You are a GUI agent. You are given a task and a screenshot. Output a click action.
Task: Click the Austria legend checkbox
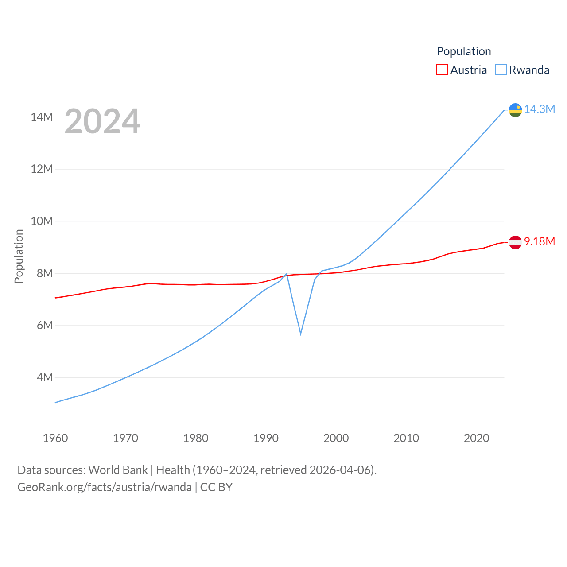[x=442, y=70]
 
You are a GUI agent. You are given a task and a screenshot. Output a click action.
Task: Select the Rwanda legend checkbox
[x=501, y=70]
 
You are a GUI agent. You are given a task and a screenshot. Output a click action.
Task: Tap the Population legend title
[x=464, y=51]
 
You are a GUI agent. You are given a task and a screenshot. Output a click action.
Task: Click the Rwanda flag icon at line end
[x=515, y=110]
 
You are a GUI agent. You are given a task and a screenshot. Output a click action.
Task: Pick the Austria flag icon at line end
[x=515, y=242]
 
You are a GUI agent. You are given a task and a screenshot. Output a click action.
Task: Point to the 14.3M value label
[x=540, y=109]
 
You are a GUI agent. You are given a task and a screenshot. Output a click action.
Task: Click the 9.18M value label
[x=540, y=241]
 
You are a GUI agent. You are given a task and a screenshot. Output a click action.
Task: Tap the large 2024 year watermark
[x=102, y=121]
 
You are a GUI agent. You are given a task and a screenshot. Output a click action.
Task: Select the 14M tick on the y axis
[x=42, y=117]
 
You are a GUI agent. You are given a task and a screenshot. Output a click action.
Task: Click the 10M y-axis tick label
[x=42, y=221]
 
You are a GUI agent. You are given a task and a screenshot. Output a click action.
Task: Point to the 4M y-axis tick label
[x=45, y=377]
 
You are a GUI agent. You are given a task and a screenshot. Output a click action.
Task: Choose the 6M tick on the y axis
[x=45, y=325]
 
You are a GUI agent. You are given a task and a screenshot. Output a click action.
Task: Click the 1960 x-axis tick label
[x=55, y=438]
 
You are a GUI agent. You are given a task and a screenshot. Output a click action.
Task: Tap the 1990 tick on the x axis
[x=266, y=438]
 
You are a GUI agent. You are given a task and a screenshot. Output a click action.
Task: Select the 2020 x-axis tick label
[x=476, y=438]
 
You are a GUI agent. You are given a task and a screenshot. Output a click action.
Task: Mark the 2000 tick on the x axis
[x=336, y=438]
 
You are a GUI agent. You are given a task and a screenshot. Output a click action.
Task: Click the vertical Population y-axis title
[x=19, y=256]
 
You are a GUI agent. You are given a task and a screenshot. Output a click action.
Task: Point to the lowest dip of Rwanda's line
[x=301, y=333]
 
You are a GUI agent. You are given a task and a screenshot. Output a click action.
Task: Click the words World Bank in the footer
[x=118, y=470]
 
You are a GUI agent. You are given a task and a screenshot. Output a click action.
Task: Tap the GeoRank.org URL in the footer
[x=105, y=487]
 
